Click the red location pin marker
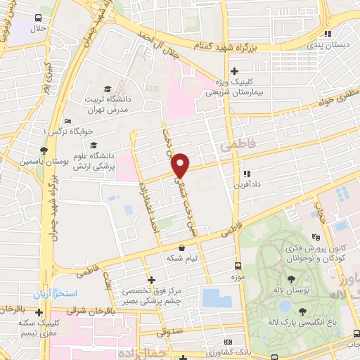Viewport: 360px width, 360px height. tap(181, 165)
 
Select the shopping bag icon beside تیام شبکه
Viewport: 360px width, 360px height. tap(183, 248)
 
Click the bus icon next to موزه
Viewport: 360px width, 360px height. tap(238, 266)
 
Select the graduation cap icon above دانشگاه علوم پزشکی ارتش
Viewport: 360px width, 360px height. tap(94, 145)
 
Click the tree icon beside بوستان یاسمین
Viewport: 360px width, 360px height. tap(44, 150)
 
